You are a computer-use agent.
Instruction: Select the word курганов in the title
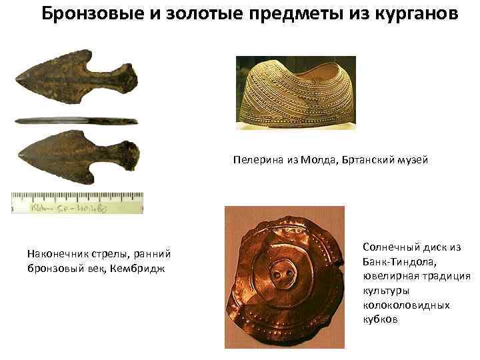[411, 14]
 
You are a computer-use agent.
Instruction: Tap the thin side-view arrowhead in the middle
[75, 121]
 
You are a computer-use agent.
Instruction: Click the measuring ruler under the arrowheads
[77, 202]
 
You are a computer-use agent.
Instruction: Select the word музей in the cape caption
[413, 160]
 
